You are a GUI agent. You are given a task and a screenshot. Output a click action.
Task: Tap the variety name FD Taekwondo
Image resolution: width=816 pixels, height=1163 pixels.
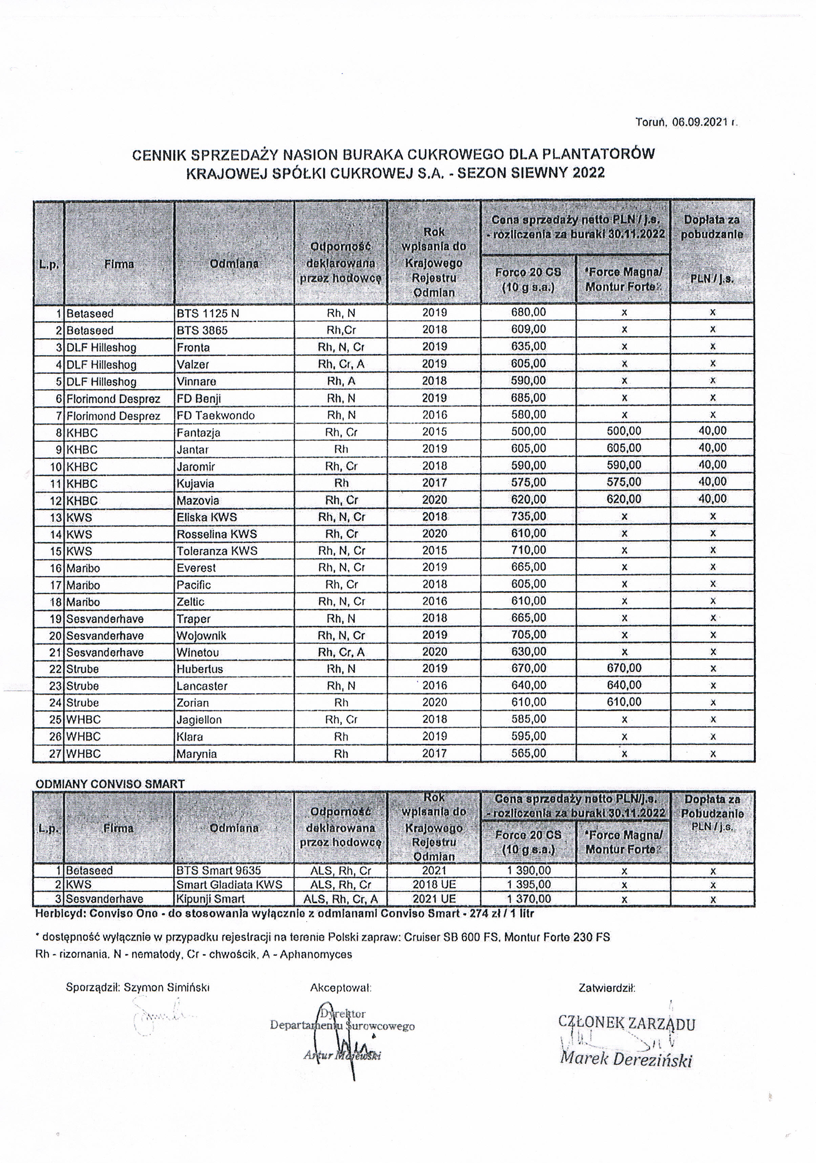coord(215,415)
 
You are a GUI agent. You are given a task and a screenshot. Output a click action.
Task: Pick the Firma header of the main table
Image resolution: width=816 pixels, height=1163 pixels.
coord(119,264)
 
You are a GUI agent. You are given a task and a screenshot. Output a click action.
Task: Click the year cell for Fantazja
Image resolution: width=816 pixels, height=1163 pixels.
coord(434,432)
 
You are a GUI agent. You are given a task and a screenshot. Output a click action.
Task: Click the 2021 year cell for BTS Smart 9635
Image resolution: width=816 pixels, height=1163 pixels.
coord(434,870)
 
